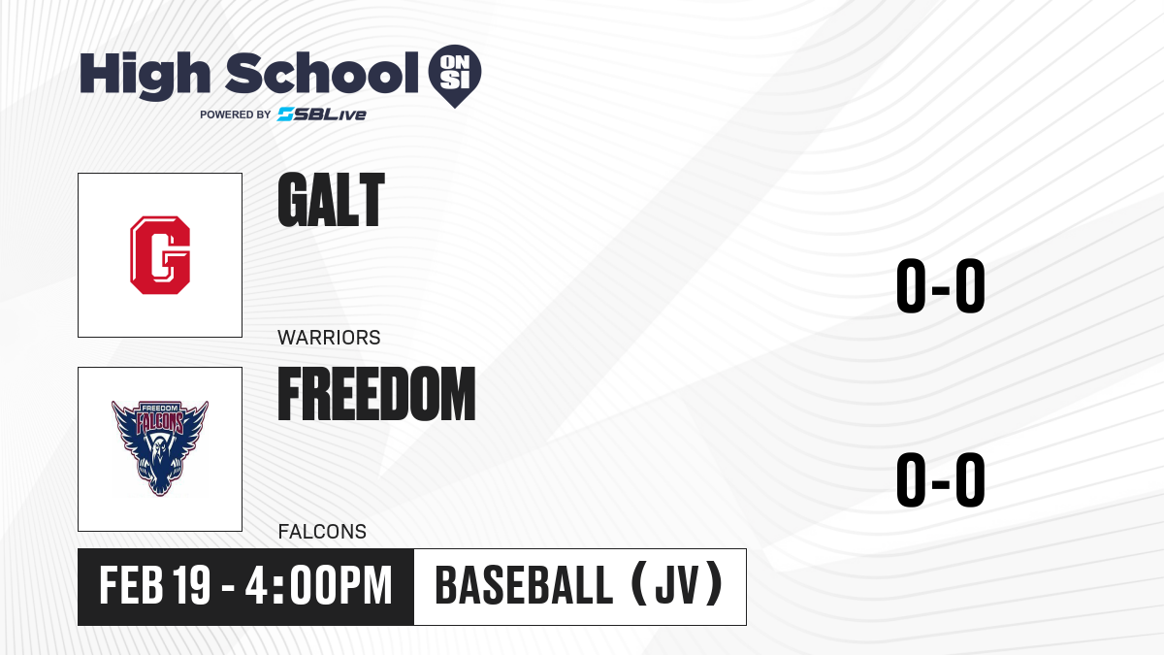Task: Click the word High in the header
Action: coord(145,76)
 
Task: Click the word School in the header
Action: coord(322,73)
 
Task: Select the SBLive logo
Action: coord(322,115)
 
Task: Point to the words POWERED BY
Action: coord(236,115)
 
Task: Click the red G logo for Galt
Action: coord(160,255)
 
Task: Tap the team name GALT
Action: coord(331,200)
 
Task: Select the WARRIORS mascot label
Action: coord(329,338)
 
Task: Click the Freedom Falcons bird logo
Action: coord(160,448)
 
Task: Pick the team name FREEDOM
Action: coord(376,394)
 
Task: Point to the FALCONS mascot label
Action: coord(322,532)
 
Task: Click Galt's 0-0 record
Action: coord(941,285)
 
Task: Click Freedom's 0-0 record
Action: coord(941,479)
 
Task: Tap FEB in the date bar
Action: coord(131,585)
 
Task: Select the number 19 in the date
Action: coord(192,585)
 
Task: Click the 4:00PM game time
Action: coord(318,585)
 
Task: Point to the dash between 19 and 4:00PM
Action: coord(228,588)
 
